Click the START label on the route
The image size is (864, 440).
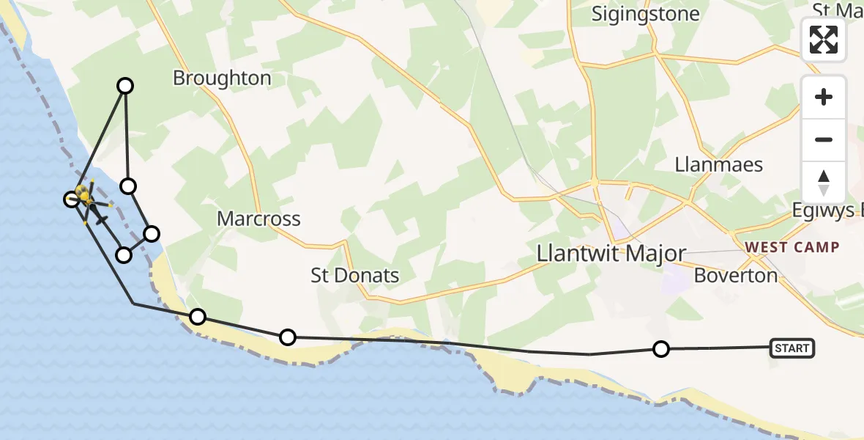tap(792, 348)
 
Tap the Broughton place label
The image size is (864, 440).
tap(222, 78)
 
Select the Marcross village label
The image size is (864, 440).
tap(258, 219)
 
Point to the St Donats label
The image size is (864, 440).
tap(355, 276)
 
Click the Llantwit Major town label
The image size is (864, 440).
tap(611, 254)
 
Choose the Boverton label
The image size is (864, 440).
tap(735, 276)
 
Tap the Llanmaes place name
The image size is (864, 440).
tap(719, 164)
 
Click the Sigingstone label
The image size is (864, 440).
tap(645, 14)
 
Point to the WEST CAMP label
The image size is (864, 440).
tap(792, 247)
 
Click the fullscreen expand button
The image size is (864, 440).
tap(824, 40)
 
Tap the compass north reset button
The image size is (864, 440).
tap(824, 183)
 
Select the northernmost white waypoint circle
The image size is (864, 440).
tap(126, 86)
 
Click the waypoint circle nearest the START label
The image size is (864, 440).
tap(661, 349)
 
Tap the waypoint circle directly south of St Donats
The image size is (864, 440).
tap(288, 337)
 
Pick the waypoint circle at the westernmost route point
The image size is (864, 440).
tap(71, 199)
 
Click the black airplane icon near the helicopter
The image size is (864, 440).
tap(100, 218)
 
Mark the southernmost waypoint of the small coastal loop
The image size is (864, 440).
tap(124, 255)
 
